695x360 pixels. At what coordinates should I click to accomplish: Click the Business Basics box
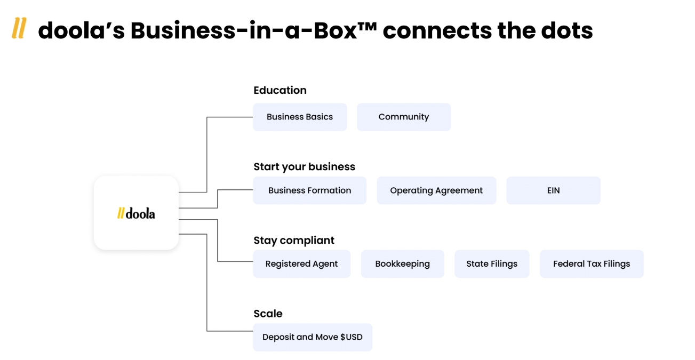click(300, 117)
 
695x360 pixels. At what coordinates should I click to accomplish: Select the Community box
click(404, 117)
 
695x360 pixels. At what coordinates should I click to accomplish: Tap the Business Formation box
click(309, 190)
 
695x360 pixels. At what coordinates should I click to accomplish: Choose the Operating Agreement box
click(436, 190)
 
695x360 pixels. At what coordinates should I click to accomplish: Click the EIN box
click(553, 190)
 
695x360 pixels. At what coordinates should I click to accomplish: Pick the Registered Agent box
click(301, 264)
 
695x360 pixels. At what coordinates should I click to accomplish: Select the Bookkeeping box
click(402, 264)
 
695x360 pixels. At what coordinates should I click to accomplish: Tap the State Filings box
click(492, 264)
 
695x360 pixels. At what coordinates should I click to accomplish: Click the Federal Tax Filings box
click(592, 264)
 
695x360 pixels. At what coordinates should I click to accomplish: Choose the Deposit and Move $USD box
click(312, 337)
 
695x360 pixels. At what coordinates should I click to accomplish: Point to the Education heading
click(280, 90)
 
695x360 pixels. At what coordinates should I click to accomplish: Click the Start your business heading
click(304, 167)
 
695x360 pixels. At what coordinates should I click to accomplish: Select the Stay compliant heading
click(294, 241)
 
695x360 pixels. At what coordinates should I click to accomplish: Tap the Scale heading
click(268, 314)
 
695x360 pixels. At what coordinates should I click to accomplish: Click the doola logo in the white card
click(136, 214)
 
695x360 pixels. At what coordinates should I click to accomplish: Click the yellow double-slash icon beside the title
click(19, 29)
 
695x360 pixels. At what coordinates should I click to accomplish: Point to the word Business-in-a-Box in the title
click(243, 31)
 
